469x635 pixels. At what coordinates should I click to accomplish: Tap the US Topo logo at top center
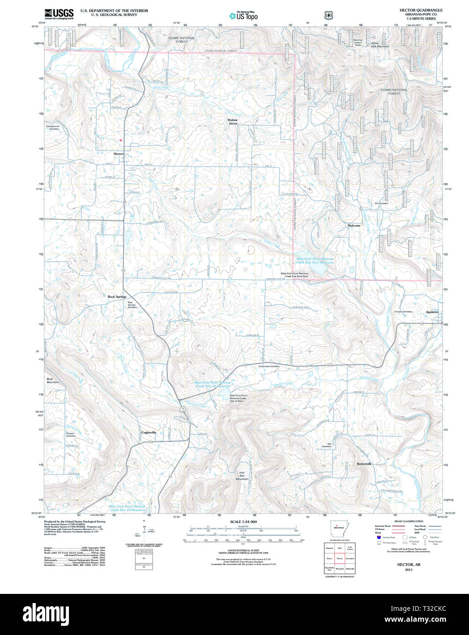coord(243,16)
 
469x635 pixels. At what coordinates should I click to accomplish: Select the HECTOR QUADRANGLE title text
coord(421,10)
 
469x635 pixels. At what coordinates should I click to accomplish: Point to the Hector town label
coord(118,154)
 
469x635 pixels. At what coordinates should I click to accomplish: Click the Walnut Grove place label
coord(233,122)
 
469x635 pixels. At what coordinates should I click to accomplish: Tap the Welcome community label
coord(354,226)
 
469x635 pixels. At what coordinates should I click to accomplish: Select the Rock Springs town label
coord(117,297)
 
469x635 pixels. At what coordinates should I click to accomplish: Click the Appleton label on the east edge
coord(432,312)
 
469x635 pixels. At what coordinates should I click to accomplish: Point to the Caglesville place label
coord(149,432)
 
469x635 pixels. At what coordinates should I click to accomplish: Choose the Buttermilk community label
coord(364,464)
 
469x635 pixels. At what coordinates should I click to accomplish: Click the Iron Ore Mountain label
coord(242,476)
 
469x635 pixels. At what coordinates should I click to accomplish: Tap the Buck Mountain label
coord(53,380)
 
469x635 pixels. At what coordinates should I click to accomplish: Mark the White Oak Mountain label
coord(380,45)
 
